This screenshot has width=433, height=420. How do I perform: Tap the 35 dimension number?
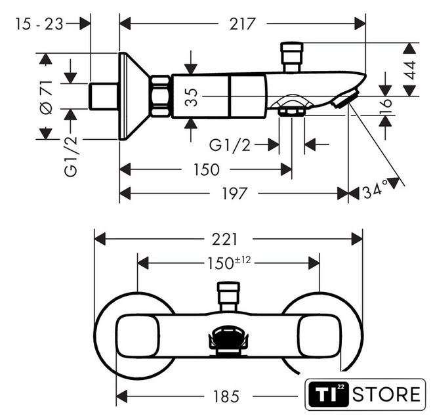[190, 98]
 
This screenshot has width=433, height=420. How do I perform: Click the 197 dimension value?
[234, 194]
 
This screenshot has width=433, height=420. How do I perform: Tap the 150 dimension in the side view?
[206, 170]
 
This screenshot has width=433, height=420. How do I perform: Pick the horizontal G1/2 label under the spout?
[230, 144]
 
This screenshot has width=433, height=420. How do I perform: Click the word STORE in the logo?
[386, 394]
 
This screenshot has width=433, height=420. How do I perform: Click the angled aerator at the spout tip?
[342, 100]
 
